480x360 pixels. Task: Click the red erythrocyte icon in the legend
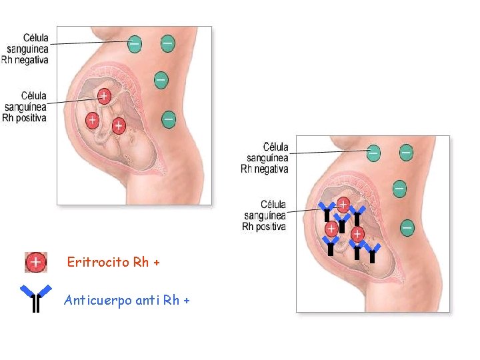pyautogui.click(x=36, y=262)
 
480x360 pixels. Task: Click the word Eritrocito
pyautogui.click(x=98, y=262)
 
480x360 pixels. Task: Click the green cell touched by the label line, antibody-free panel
pyautogui.click(x=135, y=44)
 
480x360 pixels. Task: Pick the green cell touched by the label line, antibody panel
pyautogui.click(x=373, y=153)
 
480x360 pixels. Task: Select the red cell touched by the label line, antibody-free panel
pyautogui.click(x=104, y=97)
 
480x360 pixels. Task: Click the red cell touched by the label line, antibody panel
pyautogui.click(x=343, y=205)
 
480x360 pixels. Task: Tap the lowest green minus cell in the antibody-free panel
pyautogui.click(x=169, y=120)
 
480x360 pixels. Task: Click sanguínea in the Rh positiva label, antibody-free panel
pyautogui.click(x=25, y=107)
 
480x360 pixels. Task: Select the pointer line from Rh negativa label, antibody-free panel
pyautogui.click(x=90, y=43)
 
